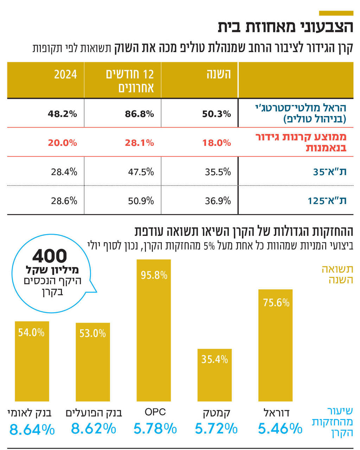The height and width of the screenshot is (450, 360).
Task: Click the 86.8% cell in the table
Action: pos(139,114)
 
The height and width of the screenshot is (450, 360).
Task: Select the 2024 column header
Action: pos(65,74)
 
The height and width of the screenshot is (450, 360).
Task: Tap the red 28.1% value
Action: pos(139,143)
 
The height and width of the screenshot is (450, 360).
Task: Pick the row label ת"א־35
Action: pos(329,172)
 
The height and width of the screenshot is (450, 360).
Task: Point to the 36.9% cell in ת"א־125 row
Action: pos(218,201)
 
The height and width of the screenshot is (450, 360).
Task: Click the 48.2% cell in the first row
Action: pos(62,114)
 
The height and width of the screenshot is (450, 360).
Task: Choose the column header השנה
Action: pos(218,74)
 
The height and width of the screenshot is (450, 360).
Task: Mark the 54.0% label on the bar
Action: pos(31,332)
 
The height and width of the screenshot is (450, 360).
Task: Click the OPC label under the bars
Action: pos(155,412)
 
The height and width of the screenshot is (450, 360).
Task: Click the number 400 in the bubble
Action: pos(50,256)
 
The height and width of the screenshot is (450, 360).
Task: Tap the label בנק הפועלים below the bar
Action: pos(94,413)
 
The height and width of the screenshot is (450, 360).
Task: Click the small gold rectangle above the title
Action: pos(336,13)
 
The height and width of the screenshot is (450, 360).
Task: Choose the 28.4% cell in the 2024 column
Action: pos(64,172)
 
